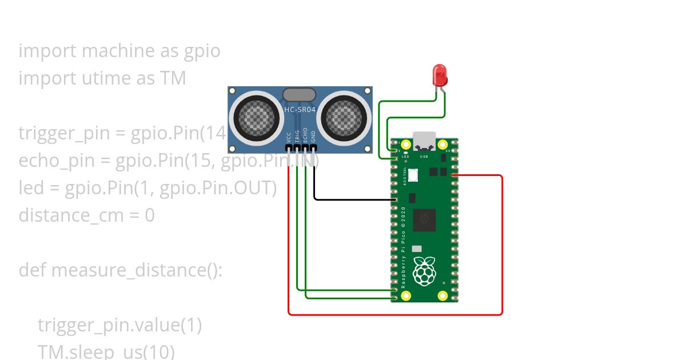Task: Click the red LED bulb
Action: point(440,75)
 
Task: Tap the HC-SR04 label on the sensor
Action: point(300,109)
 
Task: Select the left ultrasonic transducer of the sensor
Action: point(256,118)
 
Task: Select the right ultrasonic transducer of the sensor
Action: point(344,118)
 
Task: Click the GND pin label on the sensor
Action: point(313,137)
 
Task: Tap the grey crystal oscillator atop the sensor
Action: point(299,94)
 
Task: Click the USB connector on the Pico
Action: point(424,141)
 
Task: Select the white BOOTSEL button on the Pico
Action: point(413,175)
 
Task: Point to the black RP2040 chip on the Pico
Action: point(424,220)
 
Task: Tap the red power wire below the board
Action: point(394,314)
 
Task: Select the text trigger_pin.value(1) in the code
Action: point(120,325)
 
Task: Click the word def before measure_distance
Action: point(32,270)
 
